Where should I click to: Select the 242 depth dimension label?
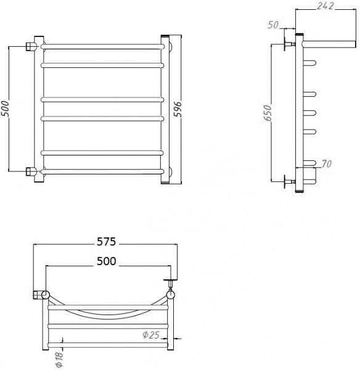tap(326, 7)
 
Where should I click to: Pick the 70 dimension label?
tap(326, 165)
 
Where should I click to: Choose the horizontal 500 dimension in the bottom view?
tap(107, 261)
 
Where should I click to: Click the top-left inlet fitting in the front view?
tap(30, 46)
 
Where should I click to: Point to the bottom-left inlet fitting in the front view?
tap(30, 171)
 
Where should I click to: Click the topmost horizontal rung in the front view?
tap(102, 46)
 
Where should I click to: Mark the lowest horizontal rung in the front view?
tap(102, 171)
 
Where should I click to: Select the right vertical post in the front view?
tap(165, 109)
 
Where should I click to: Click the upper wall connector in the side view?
tap(288, 44)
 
